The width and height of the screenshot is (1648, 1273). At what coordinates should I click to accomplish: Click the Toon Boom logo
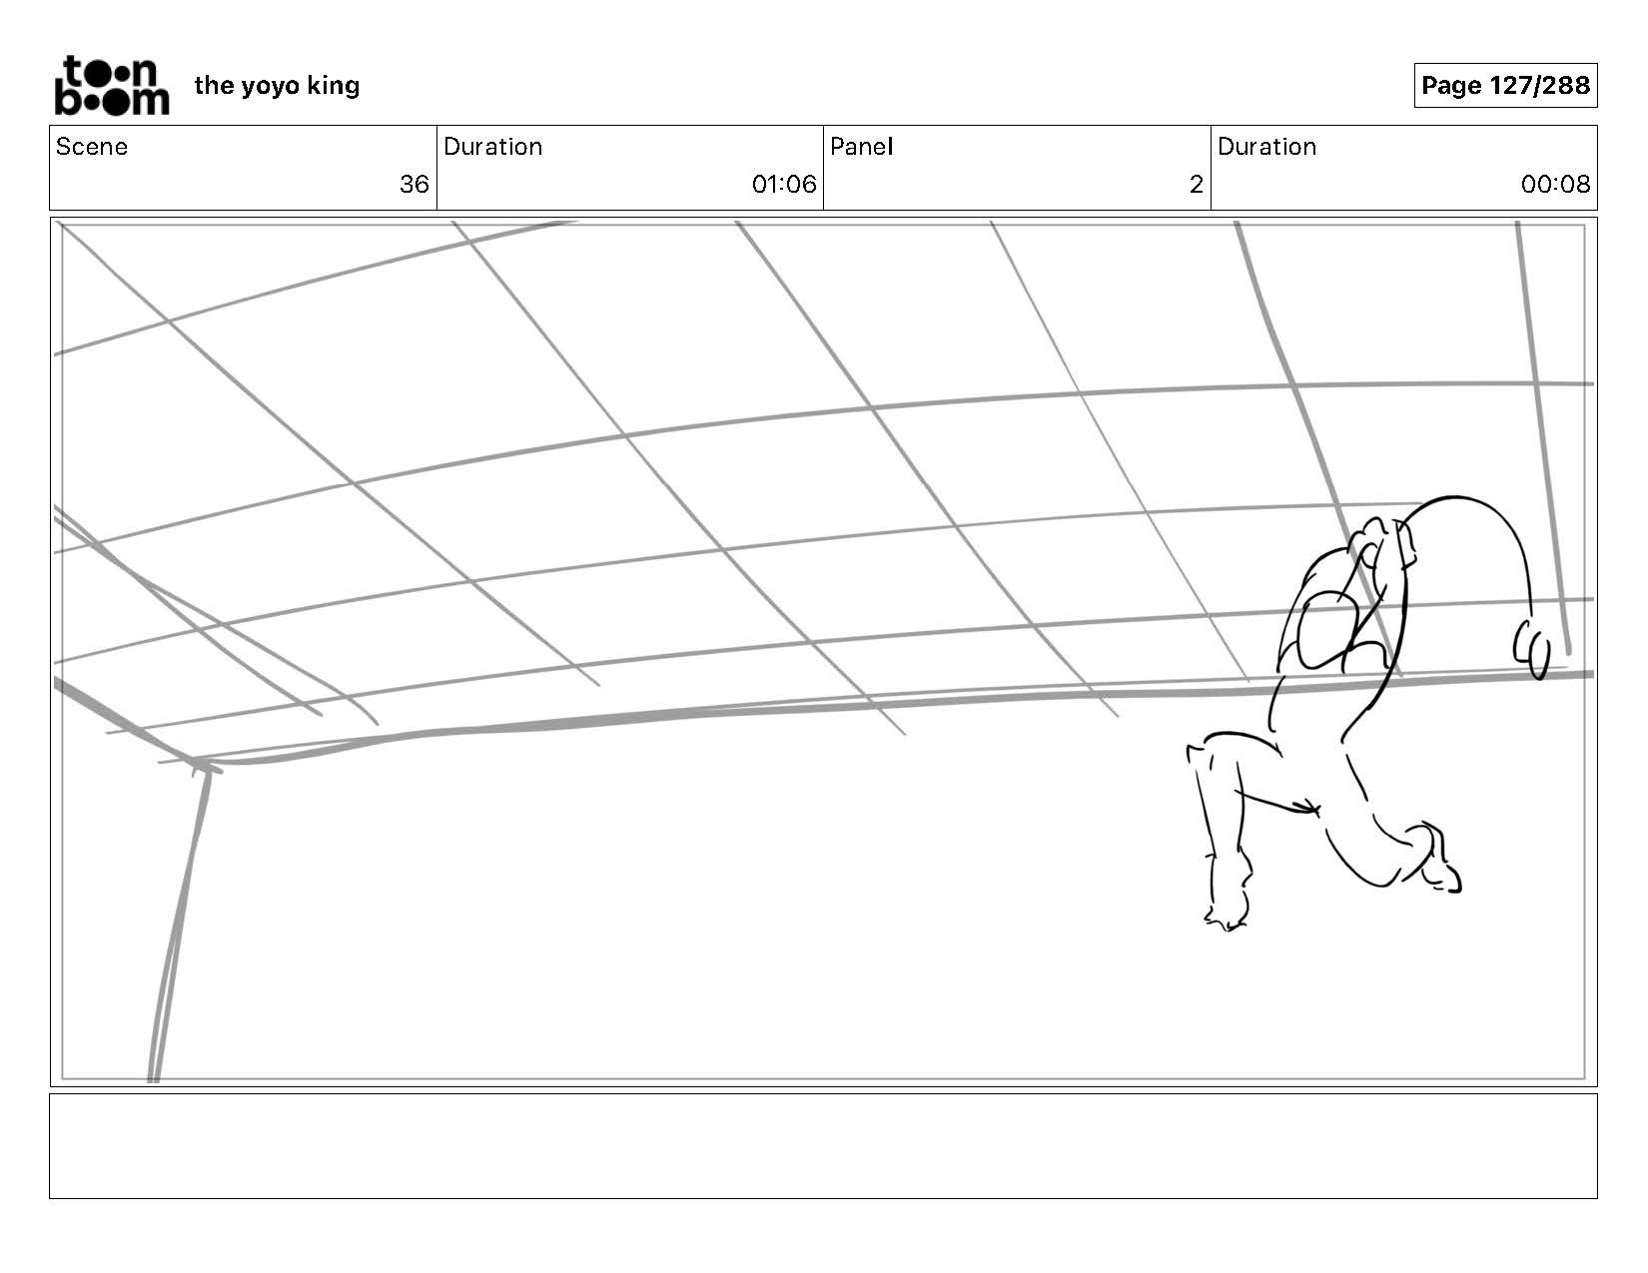[111, 86]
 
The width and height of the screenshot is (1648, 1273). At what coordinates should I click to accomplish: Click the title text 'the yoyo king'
[277, 86]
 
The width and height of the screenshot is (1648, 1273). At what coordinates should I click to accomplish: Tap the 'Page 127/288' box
[1504, 86]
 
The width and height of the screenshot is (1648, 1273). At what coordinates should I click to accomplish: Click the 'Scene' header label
[92, 147]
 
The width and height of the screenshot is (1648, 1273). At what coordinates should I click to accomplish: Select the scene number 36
[413, 185]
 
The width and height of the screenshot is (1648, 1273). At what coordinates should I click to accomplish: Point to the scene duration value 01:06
[783, 185]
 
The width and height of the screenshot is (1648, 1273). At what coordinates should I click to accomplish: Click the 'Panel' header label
[861, 147]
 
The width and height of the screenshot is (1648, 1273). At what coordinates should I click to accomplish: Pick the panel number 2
[1196, 185]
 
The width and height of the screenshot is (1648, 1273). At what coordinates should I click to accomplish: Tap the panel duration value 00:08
[1554, 185]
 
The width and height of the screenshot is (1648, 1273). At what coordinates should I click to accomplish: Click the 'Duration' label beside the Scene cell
[492, 147]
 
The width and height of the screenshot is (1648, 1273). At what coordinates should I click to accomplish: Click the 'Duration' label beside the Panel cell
[1266, 147]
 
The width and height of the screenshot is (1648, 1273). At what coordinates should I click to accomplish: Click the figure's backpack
[1323, 629]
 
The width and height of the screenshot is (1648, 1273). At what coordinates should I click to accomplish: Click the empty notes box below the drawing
[823, 1145]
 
